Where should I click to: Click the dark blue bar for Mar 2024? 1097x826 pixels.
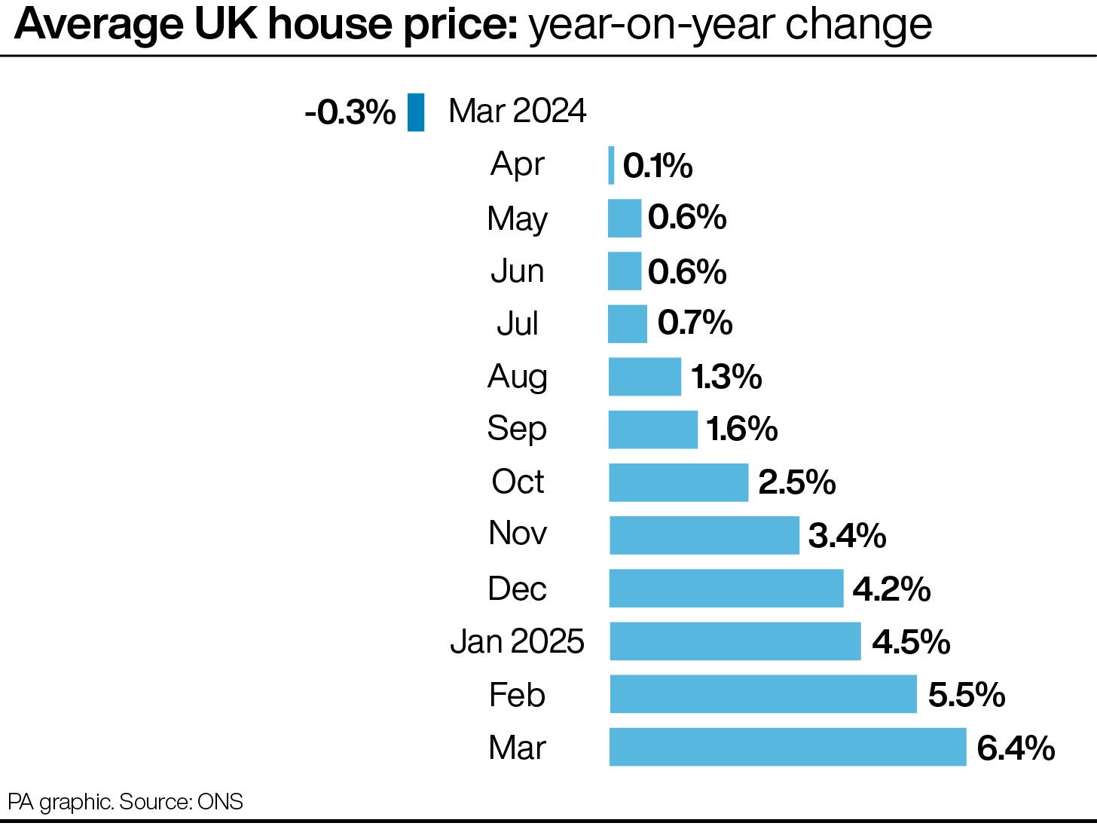(x=416, y=112)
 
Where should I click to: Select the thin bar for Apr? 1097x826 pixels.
(x=611, y=165)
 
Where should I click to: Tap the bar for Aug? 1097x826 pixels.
(x=644, y=377)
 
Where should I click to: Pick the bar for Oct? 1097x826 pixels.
(x=678, y=482)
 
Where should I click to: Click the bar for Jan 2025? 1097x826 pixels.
(x=735, y=641)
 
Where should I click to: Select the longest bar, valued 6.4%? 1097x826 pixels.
(x=787, y=747)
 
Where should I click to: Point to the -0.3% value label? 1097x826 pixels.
(x=350, y=113)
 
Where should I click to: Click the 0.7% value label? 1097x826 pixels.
(x=694, y=323)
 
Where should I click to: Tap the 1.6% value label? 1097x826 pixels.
(x=741, y=430)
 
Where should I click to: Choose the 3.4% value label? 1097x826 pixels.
(x=847, y=536)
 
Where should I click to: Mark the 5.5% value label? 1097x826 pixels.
(x=966, y=695)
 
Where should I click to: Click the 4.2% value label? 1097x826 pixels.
(x=891, y=589)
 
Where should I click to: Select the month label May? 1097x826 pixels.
(x=517, y=219)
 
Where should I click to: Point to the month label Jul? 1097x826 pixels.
(x=517, y=324)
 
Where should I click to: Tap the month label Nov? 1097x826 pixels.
(x=517, y=534)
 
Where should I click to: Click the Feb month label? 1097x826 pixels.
(x=517, y=695)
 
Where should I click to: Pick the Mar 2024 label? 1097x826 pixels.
(x=517, y=112)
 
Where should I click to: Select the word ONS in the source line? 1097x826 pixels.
(x=220, y=802)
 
